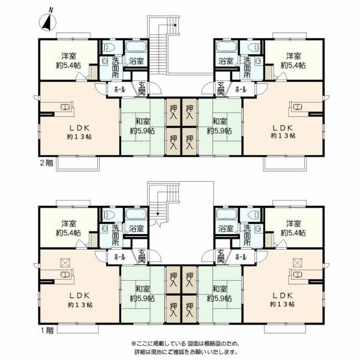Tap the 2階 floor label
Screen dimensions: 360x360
pyautogui.click(x=47, y=163)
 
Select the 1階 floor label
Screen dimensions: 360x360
pyautogui.click(x=47, y=331)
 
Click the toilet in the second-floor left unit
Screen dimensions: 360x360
pyautogui.click(x=110, y=48)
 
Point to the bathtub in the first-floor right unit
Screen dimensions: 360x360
pyautogui.click(x=226, y=214)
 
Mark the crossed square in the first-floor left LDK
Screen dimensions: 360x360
pyautogui.click(x=65, y=263)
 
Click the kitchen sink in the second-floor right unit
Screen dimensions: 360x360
pyautogui.click(x=298, y=107)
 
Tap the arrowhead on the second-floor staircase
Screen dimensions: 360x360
pyautogui.click(x=175, y=25)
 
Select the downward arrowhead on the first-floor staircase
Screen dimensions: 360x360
pyautogui.click(x=158, y=214)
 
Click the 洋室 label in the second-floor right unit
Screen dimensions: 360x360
pyautogui.click(x=293, y=56)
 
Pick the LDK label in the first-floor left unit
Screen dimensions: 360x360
pyautogui.click(x=79, y=295)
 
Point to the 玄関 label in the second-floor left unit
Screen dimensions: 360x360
pyautogui.click(x=142, y=89)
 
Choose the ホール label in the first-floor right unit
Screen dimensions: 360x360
pyautogui.click(x=241, y=257)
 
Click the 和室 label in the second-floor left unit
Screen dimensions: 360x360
pyautogui.click(x=143, y=121)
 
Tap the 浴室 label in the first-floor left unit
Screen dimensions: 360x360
pyautogui.click(x=136, y=229)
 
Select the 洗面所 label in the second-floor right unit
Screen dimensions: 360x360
pyautogui.click(x=247, y=68)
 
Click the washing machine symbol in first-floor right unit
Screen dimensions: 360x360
pyautogui.click(x=258, y=229)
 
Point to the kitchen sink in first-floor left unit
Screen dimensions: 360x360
pyautogui.click(x=65, y=274)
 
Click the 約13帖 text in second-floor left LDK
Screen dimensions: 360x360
pyautogui.click(x=79, y=137)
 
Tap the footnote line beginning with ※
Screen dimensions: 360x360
pyautogui.click(x=186, y=344)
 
